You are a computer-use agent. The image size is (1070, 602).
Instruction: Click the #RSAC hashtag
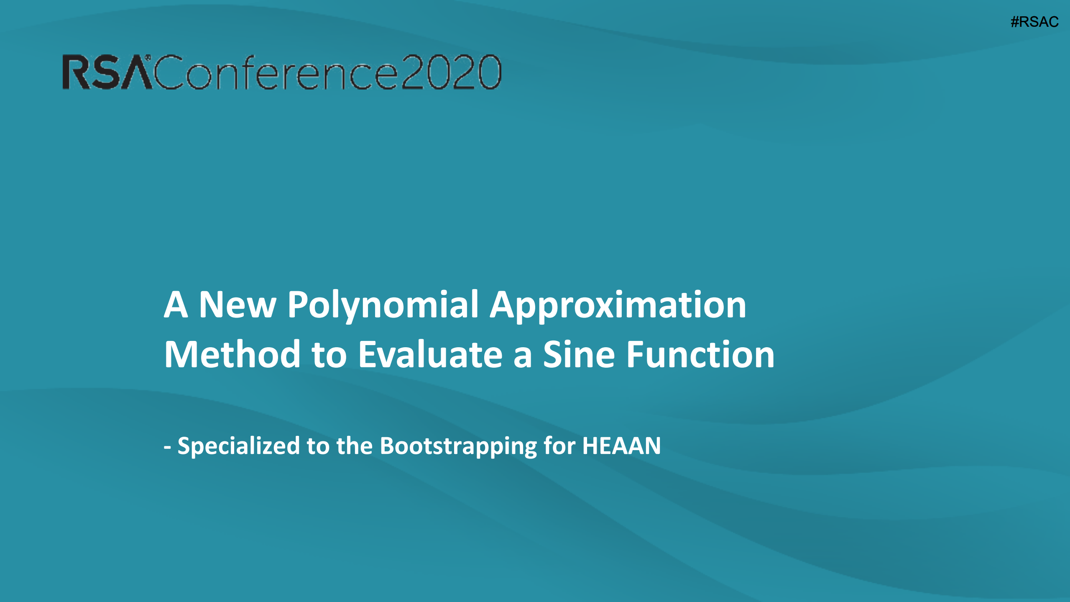[1034, 22]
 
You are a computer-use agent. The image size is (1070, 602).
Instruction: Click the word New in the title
[237, 305]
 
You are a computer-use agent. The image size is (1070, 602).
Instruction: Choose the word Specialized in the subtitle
[239, 446]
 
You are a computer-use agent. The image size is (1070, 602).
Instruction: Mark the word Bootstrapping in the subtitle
[458, 446]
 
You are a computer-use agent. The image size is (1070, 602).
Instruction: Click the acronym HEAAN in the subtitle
[621, 446]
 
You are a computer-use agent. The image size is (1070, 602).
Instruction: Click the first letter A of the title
[176, 305]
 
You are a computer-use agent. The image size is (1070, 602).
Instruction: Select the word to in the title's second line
[329, 356]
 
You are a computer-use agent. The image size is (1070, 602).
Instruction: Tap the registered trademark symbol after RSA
[148, 57]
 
